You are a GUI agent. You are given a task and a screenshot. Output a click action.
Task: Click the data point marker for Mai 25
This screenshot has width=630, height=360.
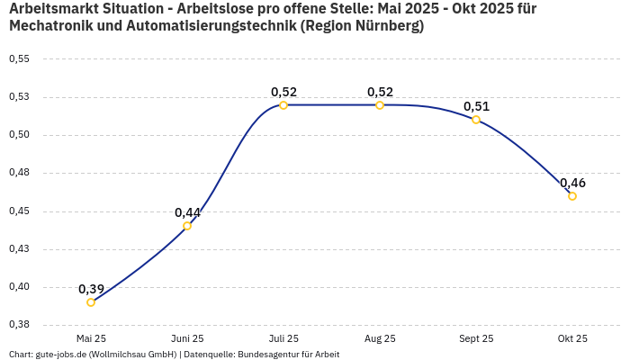tap(91, 302)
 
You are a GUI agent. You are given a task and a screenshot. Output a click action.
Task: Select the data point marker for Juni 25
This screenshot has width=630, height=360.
tap(187, 226)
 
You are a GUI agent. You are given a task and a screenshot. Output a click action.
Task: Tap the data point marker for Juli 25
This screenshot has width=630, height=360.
tap(283, 105)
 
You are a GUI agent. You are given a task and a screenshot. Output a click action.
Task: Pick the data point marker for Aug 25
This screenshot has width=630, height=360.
tap(380, 105)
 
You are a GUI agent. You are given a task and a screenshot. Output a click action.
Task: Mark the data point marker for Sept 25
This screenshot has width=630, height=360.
tap(476, 120)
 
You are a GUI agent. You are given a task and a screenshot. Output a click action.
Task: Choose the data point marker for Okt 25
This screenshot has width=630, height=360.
tap(572, 196)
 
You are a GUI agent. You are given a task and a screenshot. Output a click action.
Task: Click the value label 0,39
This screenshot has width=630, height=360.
tap(91, 289)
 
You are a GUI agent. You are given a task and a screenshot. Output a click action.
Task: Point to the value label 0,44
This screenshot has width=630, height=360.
tap(187, 212)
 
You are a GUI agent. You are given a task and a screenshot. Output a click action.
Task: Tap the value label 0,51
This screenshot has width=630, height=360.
tap(476, 106)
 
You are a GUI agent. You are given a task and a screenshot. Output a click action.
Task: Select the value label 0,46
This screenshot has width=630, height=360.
tap(572, 183)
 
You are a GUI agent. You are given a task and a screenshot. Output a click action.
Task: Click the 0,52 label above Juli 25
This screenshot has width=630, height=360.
tap(283, 92)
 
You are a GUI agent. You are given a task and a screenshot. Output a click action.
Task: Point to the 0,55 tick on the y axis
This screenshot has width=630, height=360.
tap(19, 58)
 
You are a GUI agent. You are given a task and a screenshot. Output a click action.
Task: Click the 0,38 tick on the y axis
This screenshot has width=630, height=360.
tap(19, 324)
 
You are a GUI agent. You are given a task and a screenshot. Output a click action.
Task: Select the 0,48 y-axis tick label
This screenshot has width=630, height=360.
tap(19, 173)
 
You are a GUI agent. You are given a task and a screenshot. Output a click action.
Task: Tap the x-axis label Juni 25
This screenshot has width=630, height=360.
tap(187, 338)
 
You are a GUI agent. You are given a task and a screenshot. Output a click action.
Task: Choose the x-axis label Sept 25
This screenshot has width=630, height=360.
tap(476, 338)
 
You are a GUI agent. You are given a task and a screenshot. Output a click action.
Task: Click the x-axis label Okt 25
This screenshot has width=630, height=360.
tap(572, 338)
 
